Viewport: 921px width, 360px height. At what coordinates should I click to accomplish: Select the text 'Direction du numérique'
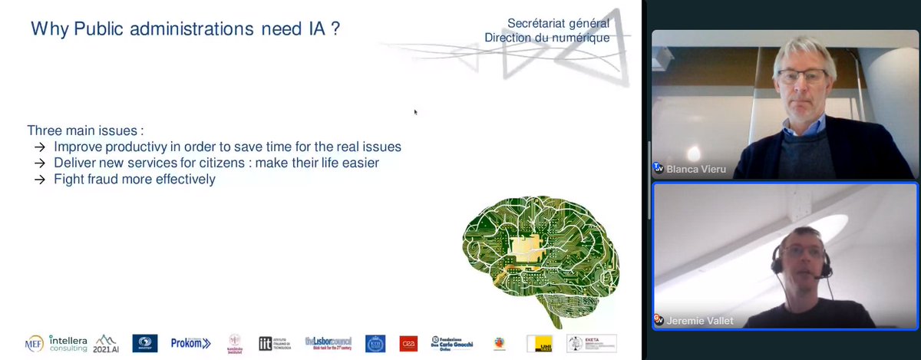pyautogui.click(x=546, y=38)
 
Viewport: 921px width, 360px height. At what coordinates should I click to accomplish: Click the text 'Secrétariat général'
pyautogui.click(x=558, y=23)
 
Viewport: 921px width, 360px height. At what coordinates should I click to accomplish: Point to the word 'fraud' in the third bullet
pyautogui.click(x=101, y=179)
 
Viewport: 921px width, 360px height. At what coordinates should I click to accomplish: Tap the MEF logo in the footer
pyautogui.click(x=34, y=343)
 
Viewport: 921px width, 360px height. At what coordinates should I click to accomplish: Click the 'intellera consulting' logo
pyautogui.click(x=68, y=342)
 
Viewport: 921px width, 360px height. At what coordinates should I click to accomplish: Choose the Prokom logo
pyautogui.click(x=190, y=343)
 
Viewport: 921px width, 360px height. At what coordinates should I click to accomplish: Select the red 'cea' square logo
pyautogui.click(x=408, y=343)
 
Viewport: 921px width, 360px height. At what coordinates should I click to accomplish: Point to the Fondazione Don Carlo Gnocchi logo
pyautogui.click(x=452, y=343)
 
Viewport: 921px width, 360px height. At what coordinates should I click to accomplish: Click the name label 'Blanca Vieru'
pyautogui.click(x=695, y=167)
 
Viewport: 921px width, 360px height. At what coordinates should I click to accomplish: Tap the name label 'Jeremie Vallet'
pyautogui.click(x=700, y=320)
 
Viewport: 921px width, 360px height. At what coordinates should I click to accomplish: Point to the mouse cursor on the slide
pyautogui.click(x=416, y=112)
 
